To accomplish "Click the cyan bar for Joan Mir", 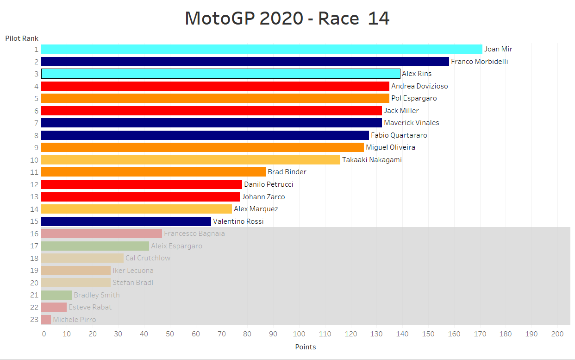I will click(x=262, y=49).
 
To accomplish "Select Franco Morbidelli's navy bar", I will click(x=245, y=62).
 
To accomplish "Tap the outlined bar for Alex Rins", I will click(x=220, y=74).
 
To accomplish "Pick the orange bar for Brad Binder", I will click(x=153, y=172).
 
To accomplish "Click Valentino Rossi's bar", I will click(x=126, y=221).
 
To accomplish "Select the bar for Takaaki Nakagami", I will click(x=190, y=160).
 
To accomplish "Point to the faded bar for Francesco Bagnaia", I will click(x=101, y=234).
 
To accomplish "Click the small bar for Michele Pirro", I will click(x=46, y=320).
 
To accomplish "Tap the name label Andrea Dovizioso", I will click(x=419, y=86).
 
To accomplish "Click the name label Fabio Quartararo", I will click(x=399, y=135).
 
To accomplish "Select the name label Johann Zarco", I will click(x=263, y=197).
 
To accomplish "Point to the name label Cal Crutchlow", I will click(x=148, y=258).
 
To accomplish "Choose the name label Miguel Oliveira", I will click(x=390, y=147).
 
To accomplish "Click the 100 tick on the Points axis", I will click(x=299, y=334).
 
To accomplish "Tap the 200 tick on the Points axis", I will click(x=557, y=334).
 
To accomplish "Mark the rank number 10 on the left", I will click(x=34, y=160).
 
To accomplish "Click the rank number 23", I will click(x=34, y=320).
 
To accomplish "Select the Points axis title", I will click(x=305, y=347).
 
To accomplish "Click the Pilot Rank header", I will click(x=22, y=38).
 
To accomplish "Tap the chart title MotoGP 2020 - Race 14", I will click(x=287, y=19).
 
